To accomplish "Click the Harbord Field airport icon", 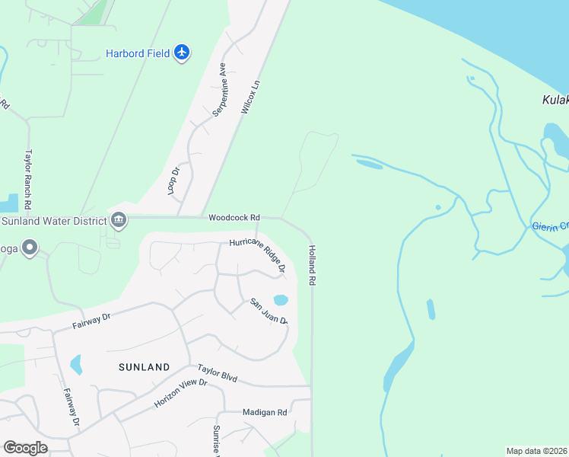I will pyautogui.click(x=181, y=53).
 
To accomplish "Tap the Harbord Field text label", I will pyautogui.click(x=138, y=53).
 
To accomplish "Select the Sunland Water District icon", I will pyautogui.click(x=119, y=220).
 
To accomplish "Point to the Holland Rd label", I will pyautogui.click(x=312, y=265).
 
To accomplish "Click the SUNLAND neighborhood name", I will pyautogui.click(x=145, y=367).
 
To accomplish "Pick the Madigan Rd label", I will pyautogui.click(x=265, y=412).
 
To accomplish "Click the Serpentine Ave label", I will pyautogui.click(x=219, y=89).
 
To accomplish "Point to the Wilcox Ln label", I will pyautogui.click(x=251, y=97).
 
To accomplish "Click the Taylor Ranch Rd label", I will pyautogui.click(x=27, y=180).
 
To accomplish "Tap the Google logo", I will pyautogui.click(x=25, y=448).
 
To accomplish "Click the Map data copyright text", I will pyautogui.click(x=536, y=450).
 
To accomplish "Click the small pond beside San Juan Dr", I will pyautogui.click(x=280, y=299).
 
